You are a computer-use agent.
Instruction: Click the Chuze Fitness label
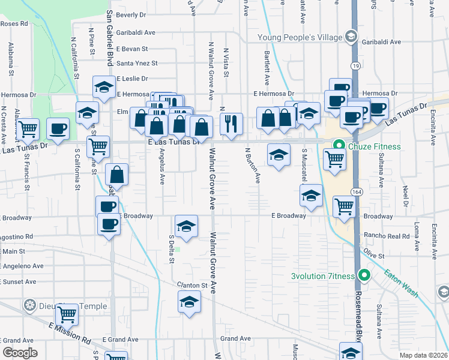[x=368, y=145]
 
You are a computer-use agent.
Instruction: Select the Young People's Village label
[x=299, y=38]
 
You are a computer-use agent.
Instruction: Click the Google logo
[x=20, y=353]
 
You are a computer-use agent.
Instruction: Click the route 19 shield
[x=355, y=65]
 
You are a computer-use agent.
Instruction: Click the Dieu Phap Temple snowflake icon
[x=28, y=306]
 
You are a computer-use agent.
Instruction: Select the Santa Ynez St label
[x=137, y=63]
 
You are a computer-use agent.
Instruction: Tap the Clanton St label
[x=191, y=285]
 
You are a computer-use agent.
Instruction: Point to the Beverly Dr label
[x=132, y=14]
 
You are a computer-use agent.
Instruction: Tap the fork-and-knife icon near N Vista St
[x=231, y=124]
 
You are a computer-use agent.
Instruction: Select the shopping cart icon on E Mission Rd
[x=67, y=313]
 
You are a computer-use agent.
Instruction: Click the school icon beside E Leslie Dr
[x=104, y=87]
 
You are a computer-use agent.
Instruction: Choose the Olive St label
[x=372, y=256]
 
